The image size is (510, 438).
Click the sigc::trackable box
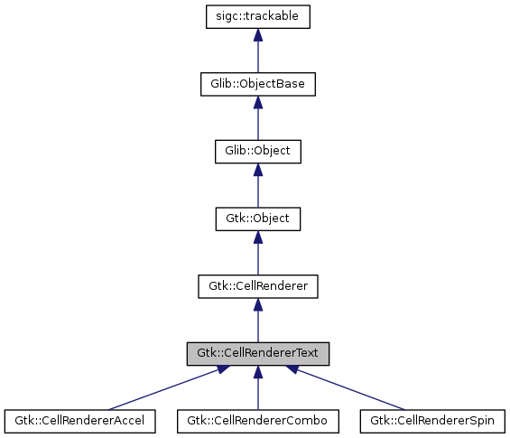[258, 15]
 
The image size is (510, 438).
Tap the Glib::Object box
[258, 151]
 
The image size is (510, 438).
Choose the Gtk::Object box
[258, 219]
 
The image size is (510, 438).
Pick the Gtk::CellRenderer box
[258, 286]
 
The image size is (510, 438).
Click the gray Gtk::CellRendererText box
[258, 354]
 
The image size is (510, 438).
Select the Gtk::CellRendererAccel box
[80, 421]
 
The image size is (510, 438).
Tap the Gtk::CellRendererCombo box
[258, 421]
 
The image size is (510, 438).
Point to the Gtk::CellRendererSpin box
[433, 421]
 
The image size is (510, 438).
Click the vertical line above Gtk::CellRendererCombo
[258, 393]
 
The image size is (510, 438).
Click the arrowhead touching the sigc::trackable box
[258, 34]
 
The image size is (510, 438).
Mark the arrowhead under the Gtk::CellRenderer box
[258, 305]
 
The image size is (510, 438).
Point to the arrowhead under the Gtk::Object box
[258, 238]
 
